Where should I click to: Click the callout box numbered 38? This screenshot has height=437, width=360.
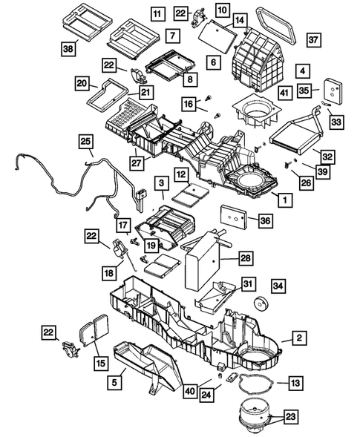pyautogui.click(x=68, y=49)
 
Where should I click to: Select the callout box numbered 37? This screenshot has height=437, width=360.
pyautogui.click(x=314, y=40)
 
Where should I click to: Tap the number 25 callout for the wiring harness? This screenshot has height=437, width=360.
pyautogui.click(x=86, y=142)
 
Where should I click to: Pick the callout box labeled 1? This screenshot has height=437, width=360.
pyautogui.click(x=285, y=200)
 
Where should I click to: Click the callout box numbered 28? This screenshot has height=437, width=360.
pyautogui.click(x=246, y=257)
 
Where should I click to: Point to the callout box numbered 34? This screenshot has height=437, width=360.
pyautogui.click(x=278, y=286)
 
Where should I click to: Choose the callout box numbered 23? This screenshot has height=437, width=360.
pyautogui.click(x=291, y=417)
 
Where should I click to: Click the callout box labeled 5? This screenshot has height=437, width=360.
pyautogui.click(x=114, y=382)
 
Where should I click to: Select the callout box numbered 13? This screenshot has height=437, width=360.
pyautogui.click(x=295, y=383)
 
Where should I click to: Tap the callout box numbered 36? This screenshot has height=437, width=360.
pyautogui.click(x=265, y=221)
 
